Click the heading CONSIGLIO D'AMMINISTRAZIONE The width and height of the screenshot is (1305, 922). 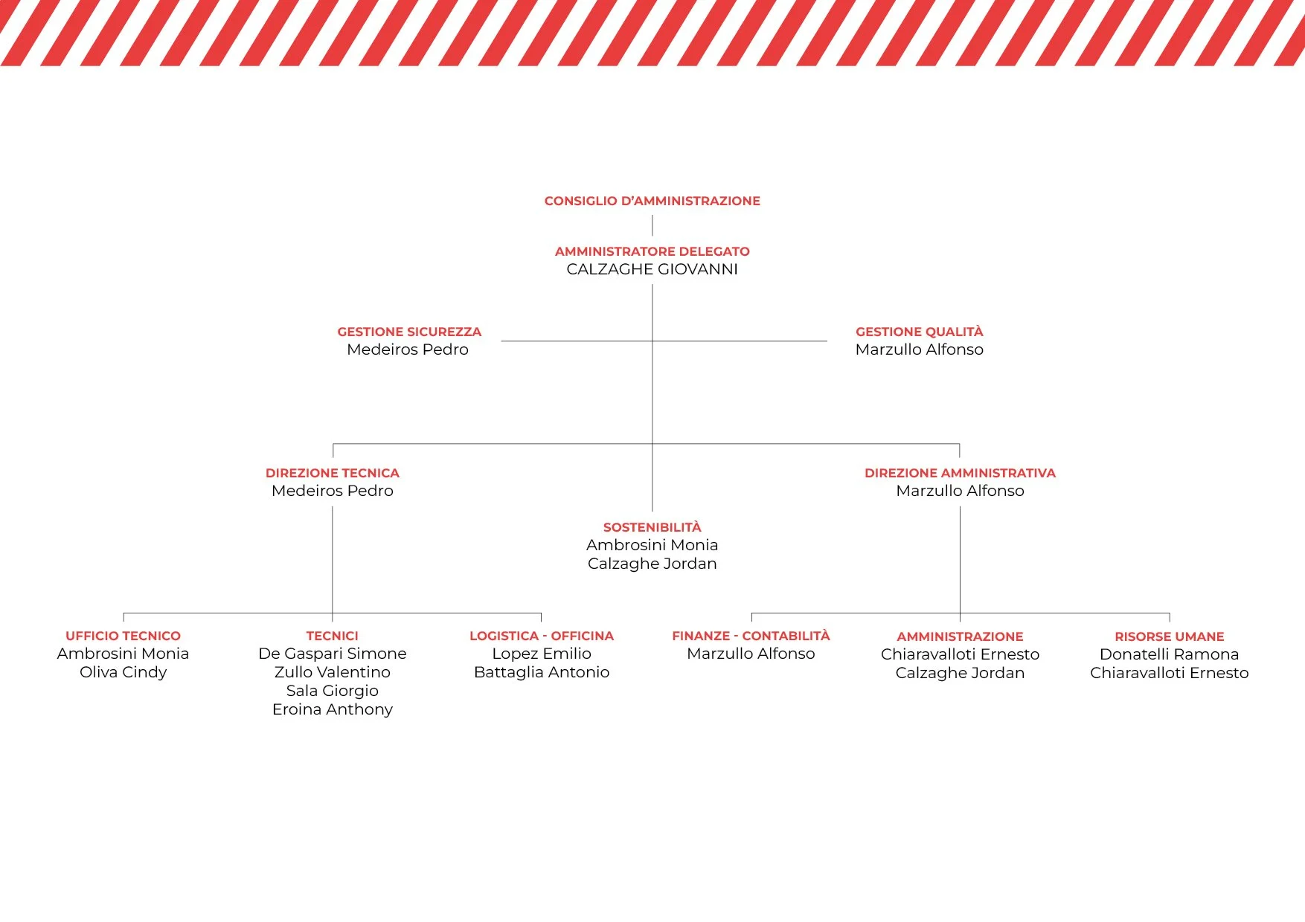(x=652, y=201)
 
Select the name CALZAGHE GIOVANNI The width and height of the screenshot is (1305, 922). (x=652, y=269)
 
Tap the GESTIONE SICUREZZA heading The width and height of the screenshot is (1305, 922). (x=409, y=332)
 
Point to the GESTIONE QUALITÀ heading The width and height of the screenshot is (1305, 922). (x=919, y=332)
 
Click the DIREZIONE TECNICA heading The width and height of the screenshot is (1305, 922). (x=333, y=473)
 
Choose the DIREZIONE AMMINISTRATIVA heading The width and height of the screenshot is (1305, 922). (x=960, y=473)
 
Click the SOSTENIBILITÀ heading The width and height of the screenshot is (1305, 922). (x=652, y=527)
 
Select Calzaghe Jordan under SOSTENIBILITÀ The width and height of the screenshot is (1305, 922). (x=652, y=564)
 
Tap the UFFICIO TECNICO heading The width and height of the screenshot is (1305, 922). (x=123, y=636)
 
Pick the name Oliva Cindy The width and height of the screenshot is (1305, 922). (x=123, y=672)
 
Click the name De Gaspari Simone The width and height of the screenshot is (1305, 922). (x=333, y=654)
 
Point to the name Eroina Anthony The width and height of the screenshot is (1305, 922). (x=333, y=709)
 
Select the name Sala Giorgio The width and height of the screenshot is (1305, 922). (x=333, y=691)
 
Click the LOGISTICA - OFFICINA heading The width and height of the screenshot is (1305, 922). (x=542, y=636)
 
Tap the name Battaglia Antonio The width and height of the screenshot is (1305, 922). (x=542, y=672)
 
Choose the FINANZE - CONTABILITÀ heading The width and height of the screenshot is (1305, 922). (x=751, y=636)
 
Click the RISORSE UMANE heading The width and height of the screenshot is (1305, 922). (x=1169, y=636)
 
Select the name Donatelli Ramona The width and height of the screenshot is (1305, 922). (x=1169, y=654)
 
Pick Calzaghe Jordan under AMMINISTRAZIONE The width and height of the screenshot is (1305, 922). (x=960, y=673)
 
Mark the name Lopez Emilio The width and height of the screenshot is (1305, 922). (x=542, y=654)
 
